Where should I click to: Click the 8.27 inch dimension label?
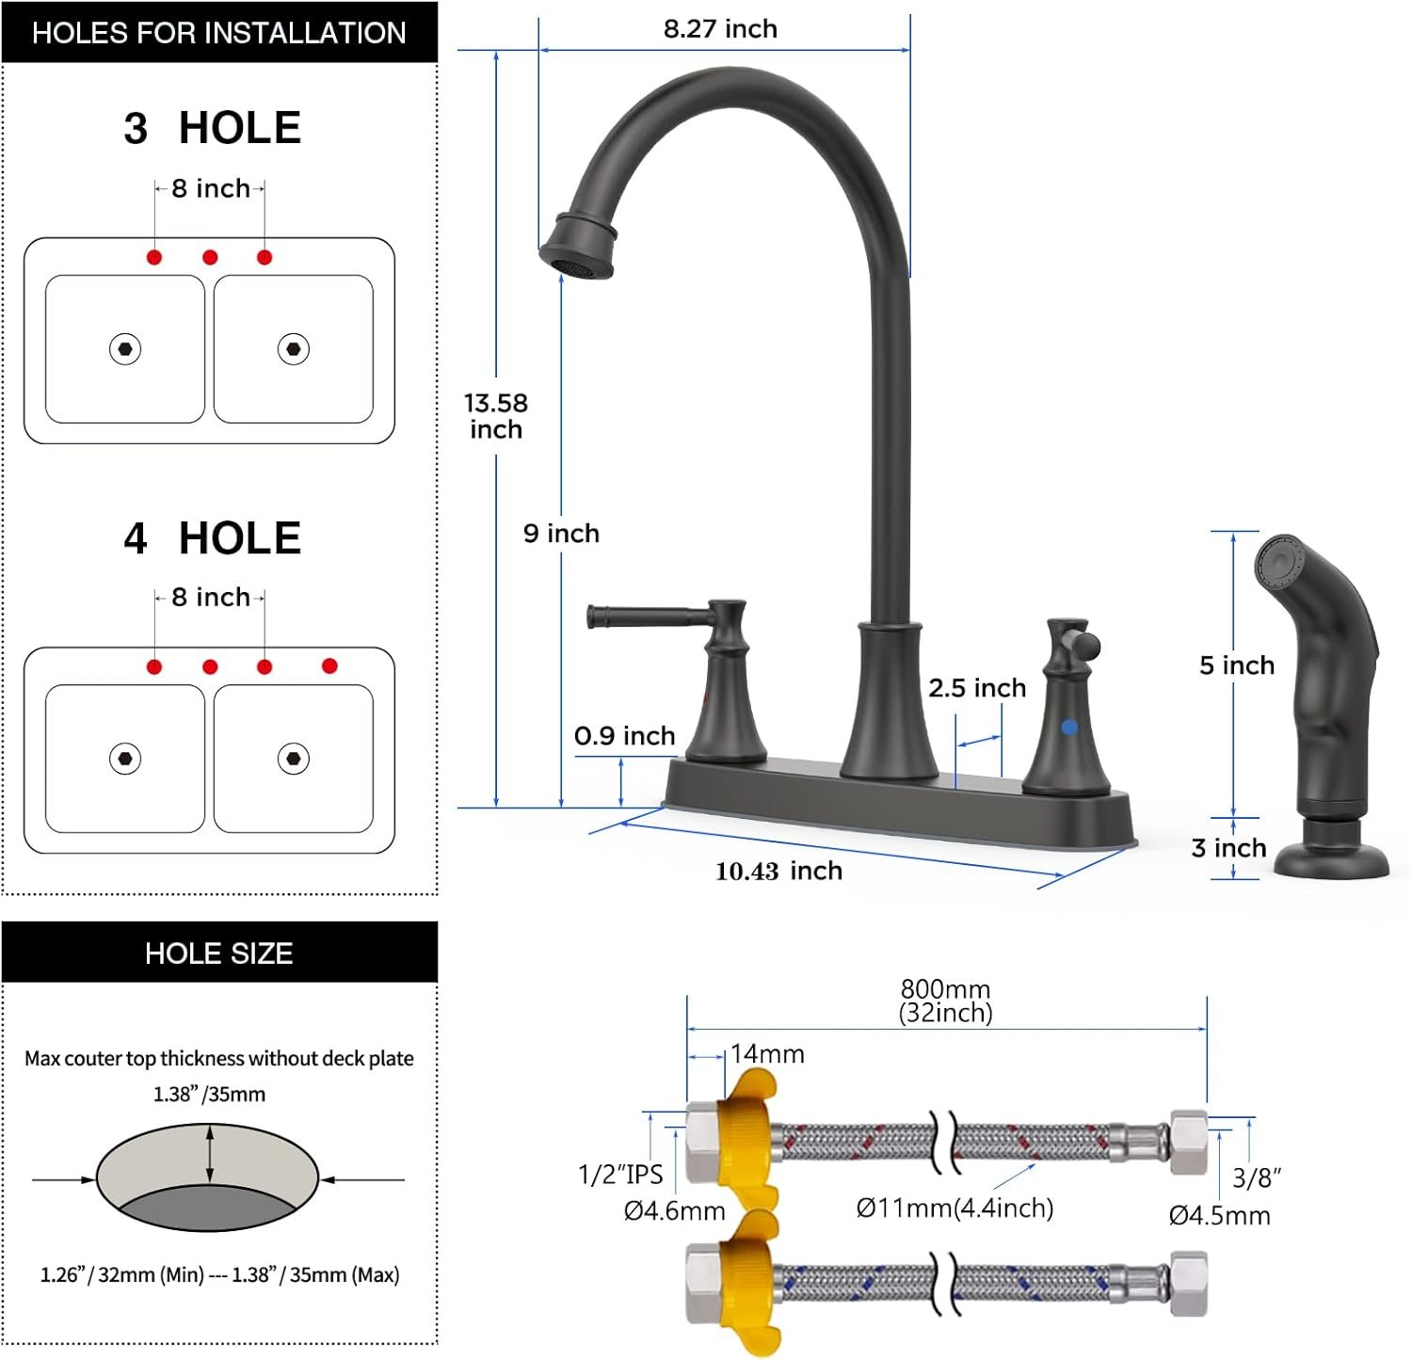click(720, 29)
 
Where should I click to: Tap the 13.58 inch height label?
click(496, 416)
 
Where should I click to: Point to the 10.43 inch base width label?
click(778, 872)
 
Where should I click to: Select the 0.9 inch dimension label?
click(625, 736)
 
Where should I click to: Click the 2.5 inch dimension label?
click(977, 688)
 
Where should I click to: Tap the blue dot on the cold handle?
click(1069, 728)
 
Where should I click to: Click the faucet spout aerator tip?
click(576, 264)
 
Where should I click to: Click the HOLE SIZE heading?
click(219, 953)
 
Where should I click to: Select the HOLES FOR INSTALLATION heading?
click(219, 33)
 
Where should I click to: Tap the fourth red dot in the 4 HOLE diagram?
click(329, 666)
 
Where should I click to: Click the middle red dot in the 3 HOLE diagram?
click(210, 257)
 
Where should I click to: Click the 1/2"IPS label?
click(620, 1175)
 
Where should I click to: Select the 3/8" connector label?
click(1257, 1177)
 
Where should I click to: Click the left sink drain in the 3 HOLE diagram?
click(125, 349)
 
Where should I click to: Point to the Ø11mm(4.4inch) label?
click(955, 1208)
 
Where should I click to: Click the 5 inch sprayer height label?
click(1237, 665)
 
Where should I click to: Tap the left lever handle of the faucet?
click(650, 616)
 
